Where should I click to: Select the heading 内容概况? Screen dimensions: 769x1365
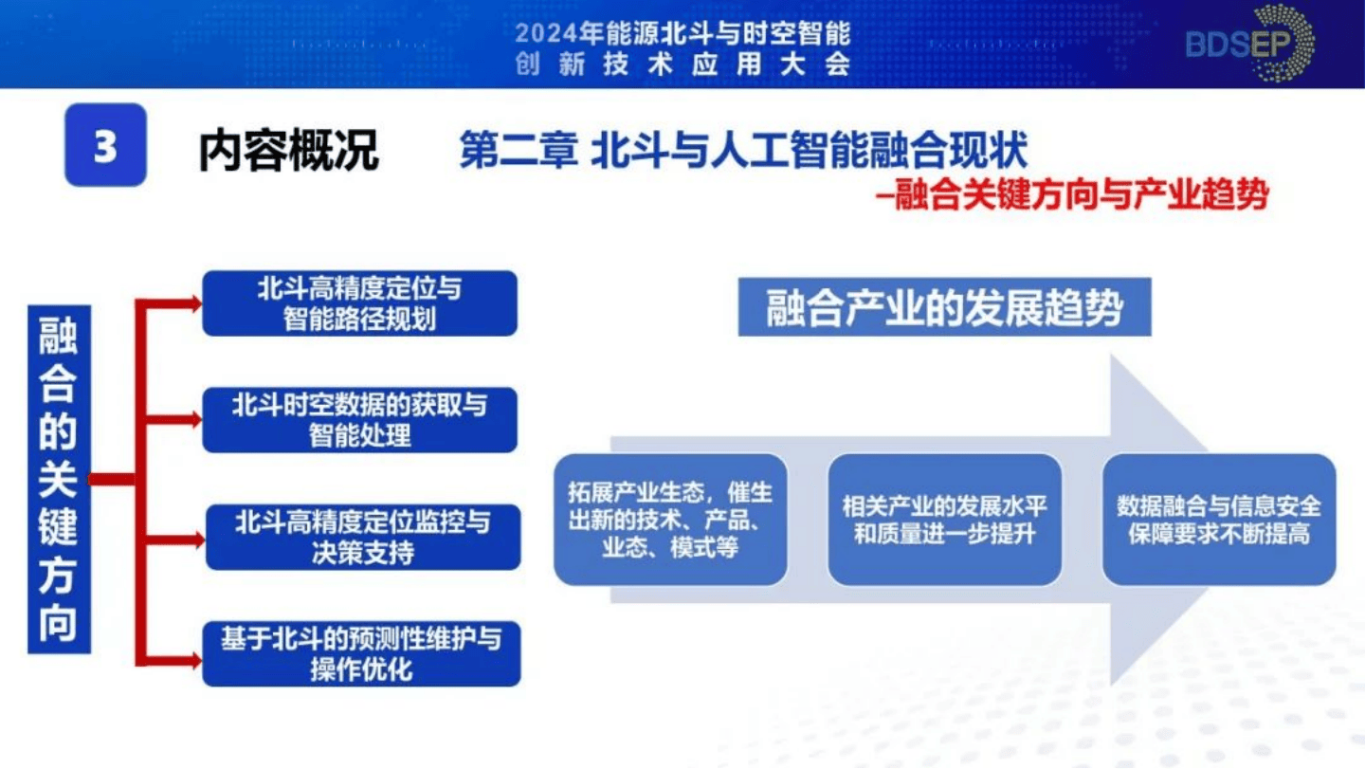pos(288,150)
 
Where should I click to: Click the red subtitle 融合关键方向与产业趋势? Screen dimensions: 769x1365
pos(1077,195)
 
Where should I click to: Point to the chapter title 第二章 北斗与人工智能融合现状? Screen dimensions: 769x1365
pos(743,152)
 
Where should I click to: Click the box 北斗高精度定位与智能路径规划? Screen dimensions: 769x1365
pos(360,303)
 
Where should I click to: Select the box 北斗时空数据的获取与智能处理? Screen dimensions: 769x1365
pos(360,420)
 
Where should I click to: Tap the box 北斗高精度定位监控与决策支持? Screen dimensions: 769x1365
pos(363,537)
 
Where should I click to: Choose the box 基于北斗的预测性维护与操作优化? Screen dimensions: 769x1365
pos(361,654)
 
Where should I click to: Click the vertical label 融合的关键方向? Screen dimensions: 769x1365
pos(59,479)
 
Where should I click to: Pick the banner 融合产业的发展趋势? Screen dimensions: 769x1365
pos(944,307)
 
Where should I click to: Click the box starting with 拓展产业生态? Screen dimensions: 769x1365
pos(670,520)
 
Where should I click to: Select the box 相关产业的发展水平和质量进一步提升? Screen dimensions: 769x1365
pos(944,520)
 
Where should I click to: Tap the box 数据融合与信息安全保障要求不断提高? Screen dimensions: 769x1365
pos(1218,520)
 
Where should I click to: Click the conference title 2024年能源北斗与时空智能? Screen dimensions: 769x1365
pos(682,34)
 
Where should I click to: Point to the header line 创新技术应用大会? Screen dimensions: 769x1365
pos(682,64)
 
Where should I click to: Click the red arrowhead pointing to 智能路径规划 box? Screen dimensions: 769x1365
pos(196,303)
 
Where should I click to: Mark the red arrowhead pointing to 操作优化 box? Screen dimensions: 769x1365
pos(196,654)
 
